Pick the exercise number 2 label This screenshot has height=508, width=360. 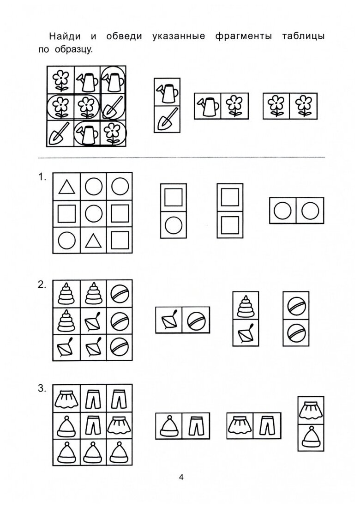point(42,285)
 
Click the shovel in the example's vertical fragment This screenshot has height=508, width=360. point(167,119)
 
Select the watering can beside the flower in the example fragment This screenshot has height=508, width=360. point(208,106)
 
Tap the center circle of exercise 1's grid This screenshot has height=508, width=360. point(94,213)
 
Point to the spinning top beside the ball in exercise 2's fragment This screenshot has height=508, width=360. point(169,320)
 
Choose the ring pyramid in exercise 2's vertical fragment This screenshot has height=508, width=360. point(246,306)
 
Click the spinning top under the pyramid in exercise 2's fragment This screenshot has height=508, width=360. point(246,332)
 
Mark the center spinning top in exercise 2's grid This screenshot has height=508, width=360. point(94,320)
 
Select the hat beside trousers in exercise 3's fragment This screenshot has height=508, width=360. point(169,426)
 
